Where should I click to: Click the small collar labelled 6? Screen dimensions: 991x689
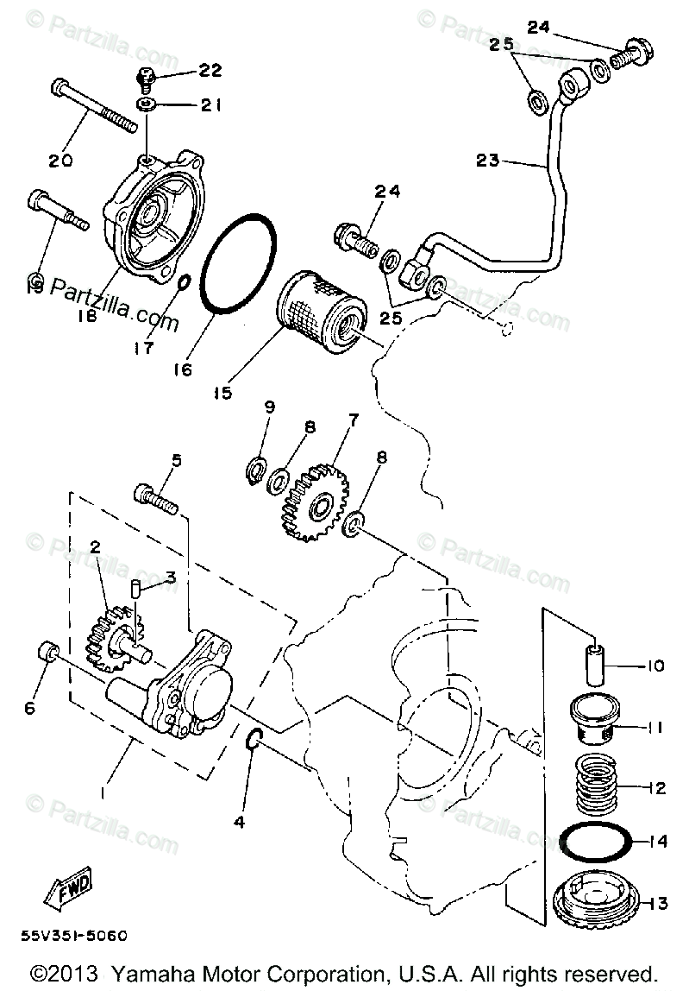click(x=50, y=653)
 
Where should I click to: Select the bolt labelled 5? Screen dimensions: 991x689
click(x=155, y=498)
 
